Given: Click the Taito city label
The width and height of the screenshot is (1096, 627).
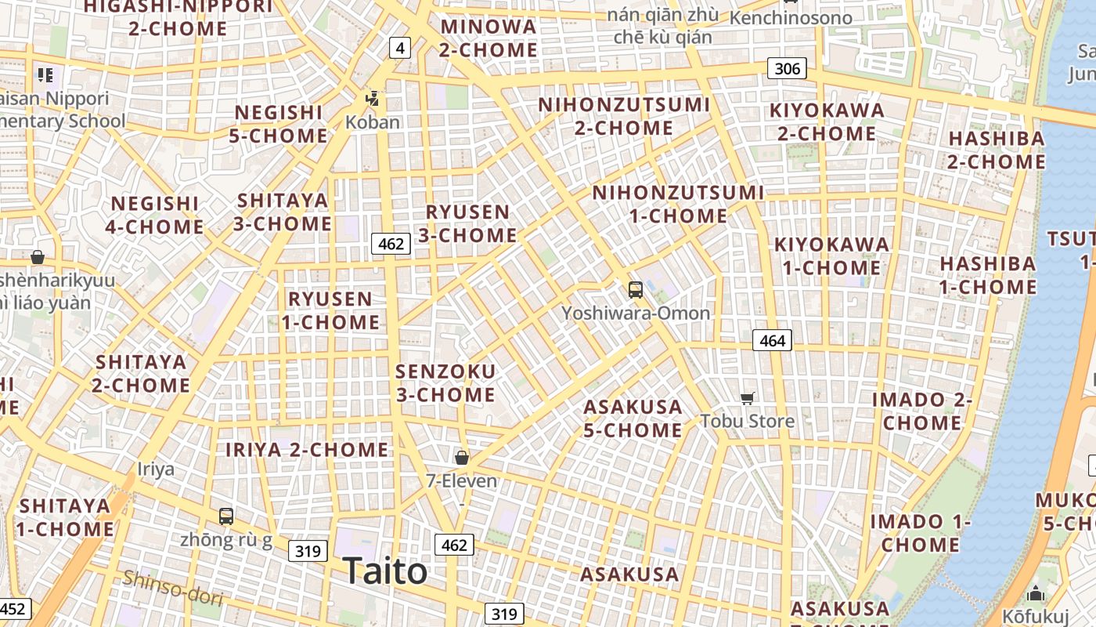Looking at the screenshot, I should click(385, 571).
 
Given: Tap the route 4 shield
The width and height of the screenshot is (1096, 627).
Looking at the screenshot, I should click(400, 48).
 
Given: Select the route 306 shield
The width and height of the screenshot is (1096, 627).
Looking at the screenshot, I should click(787, 68).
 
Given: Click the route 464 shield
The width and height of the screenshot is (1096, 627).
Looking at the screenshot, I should click(772, 340).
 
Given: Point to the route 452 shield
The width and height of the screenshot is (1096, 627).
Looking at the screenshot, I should click(13, 609).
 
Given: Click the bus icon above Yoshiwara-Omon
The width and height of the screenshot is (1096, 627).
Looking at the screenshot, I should click(636, 290).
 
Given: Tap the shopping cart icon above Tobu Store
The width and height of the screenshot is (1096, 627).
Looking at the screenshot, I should click(748, 398).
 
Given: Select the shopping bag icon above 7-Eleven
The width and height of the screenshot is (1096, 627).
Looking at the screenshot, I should click(462, 457).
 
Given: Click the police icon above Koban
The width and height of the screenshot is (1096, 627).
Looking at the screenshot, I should click(373, 99).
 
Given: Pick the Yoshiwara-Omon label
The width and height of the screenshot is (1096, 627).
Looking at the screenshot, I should click(636, 313).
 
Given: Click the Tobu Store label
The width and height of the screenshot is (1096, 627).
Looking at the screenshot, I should click(748, 421).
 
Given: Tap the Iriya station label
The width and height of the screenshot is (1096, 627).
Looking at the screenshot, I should click(156, 469).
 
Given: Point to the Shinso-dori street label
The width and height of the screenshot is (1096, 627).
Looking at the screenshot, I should click(173, 587).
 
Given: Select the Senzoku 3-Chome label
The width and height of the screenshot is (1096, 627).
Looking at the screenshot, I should click(445, 382).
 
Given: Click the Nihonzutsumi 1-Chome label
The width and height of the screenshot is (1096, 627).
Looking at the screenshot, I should click(678, 204).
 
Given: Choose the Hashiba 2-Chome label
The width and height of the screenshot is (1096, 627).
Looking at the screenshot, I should click(997, 150).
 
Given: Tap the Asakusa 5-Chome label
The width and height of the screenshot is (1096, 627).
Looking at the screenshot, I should click(633, 418).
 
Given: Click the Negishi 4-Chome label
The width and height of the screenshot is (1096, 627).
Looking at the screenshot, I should click(155, 216).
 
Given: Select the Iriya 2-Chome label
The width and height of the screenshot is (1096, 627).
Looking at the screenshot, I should click(307, 450).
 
